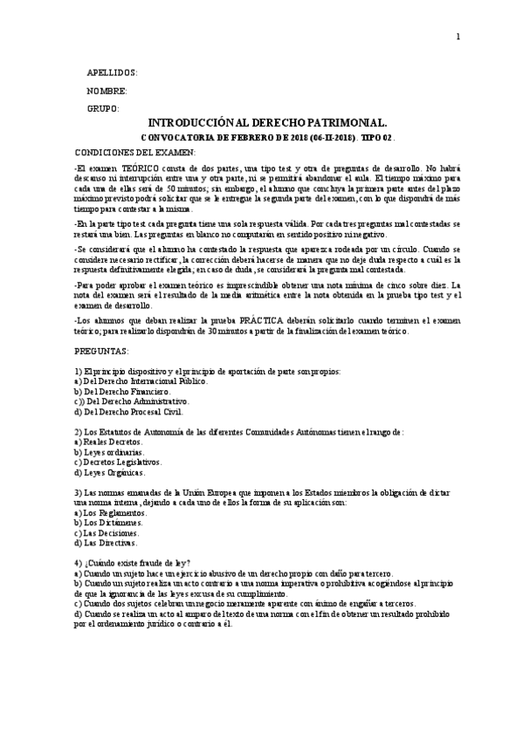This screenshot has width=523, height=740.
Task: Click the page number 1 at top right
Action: pos(457,37)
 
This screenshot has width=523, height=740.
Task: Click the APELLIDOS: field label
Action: pos(112,73)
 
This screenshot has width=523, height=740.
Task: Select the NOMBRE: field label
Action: pos(107,91)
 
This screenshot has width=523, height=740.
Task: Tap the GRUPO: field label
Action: pos(103,109)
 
